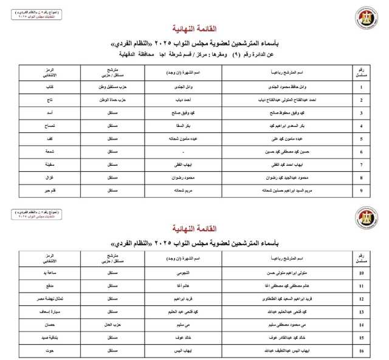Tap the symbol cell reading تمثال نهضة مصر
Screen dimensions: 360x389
[45, 299]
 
